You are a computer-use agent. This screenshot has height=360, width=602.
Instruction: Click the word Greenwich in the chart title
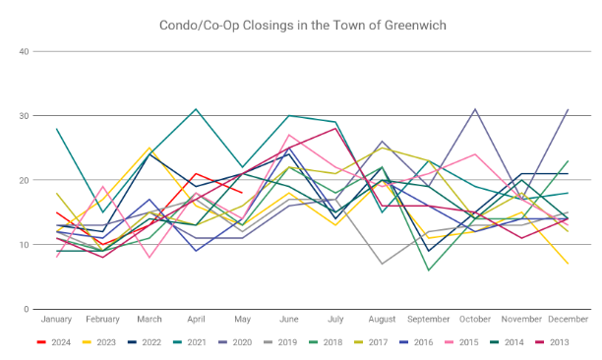tap(415, 26)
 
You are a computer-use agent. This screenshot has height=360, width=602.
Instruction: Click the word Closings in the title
tap(267, 26)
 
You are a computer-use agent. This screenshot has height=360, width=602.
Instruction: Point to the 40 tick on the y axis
tap(24, 51)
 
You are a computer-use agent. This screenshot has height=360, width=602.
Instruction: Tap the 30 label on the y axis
tap(24, 115)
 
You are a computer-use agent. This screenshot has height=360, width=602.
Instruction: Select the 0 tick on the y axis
tap(27, 309)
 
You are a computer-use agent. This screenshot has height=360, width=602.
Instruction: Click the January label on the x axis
tap(56, 319)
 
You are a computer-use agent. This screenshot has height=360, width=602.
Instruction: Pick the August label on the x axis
tap(382, 319)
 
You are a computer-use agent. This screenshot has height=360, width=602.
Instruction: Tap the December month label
tap(569, 319)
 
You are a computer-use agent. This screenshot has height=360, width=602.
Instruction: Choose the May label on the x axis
tap(243, 319)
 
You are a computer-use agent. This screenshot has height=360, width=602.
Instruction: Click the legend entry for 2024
tap(54, 342)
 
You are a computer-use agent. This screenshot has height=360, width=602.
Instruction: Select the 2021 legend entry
tap(190, 342)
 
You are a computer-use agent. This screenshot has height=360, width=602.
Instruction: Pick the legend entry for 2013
tap(552, 342)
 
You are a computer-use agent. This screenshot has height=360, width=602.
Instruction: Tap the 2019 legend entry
tap(280, 342)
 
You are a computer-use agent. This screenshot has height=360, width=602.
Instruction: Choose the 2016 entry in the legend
tap(416, 342)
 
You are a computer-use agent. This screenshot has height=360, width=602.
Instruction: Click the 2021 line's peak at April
tap(196, 109)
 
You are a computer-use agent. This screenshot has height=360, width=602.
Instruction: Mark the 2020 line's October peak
tap(475, 109)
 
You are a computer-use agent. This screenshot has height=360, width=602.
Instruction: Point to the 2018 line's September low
tap(429, 270)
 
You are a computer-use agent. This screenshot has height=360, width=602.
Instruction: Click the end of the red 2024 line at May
tap(242, 193)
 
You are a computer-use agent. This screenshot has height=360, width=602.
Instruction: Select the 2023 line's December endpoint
tap(568, 264)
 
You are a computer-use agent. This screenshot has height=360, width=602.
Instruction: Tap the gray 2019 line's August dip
tap(382, 264)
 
